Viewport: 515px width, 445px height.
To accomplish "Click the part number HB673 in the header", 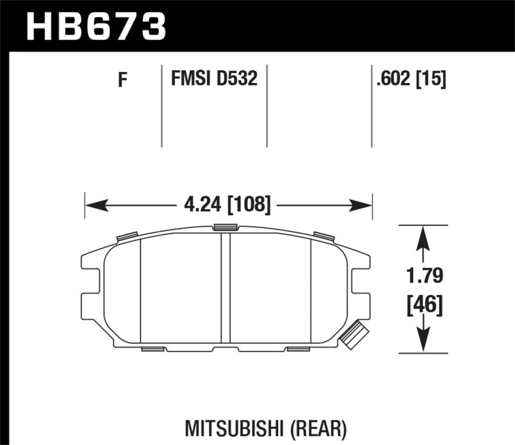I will pos(96,26).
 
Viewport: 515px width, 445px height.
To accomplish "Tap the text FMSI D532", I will pos(214,80).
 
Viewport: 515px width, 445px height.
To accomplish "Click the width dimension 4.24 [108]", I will pos(228,206).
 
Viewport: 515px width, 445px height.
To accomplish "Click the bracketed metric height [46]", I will pos(423,305).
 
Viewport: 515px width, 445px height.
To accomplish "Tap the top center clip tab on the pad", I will pos(225,226).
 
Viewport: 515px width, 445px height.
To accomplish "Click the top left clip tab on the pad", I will pos(126,236).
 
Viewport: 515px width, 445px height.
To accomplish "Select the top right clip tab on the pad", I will pos(323,236).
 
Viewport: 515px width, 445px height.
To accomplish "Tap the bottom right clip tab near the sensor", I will pos(298,349).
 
